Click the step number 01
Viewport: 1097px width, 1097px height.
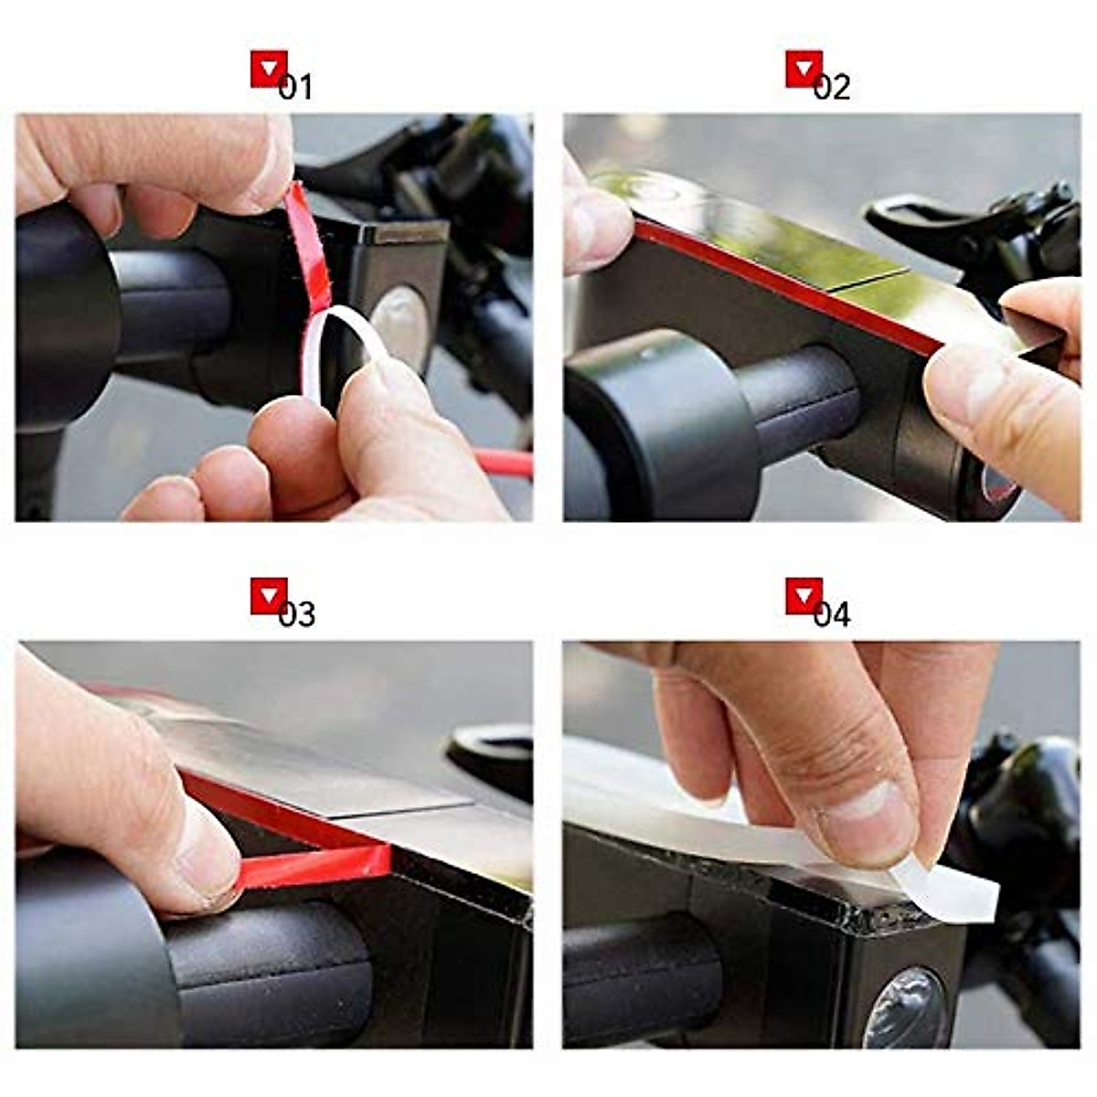coord(296,88)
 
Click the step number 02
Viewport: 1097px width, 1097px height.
coord(832,88)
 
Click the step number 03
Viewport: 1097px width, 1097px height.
coord(296,613)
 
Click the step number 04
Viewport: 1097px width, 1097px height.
coord(832,613)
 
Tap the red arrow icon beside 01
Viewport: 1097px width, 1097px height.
coord(268,69)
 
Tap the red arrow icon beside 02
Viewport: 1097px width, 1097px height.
coord(804,69)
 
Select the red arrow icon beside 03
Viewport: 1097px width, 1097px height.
coord(268,596)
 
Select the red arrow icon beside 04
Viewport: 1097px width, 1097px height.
coord(804,596)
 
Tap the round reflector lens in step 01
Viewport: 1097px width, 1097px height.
coord(400,325)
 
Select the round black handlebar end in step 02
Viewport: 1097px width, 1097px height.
coord(658,425)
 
